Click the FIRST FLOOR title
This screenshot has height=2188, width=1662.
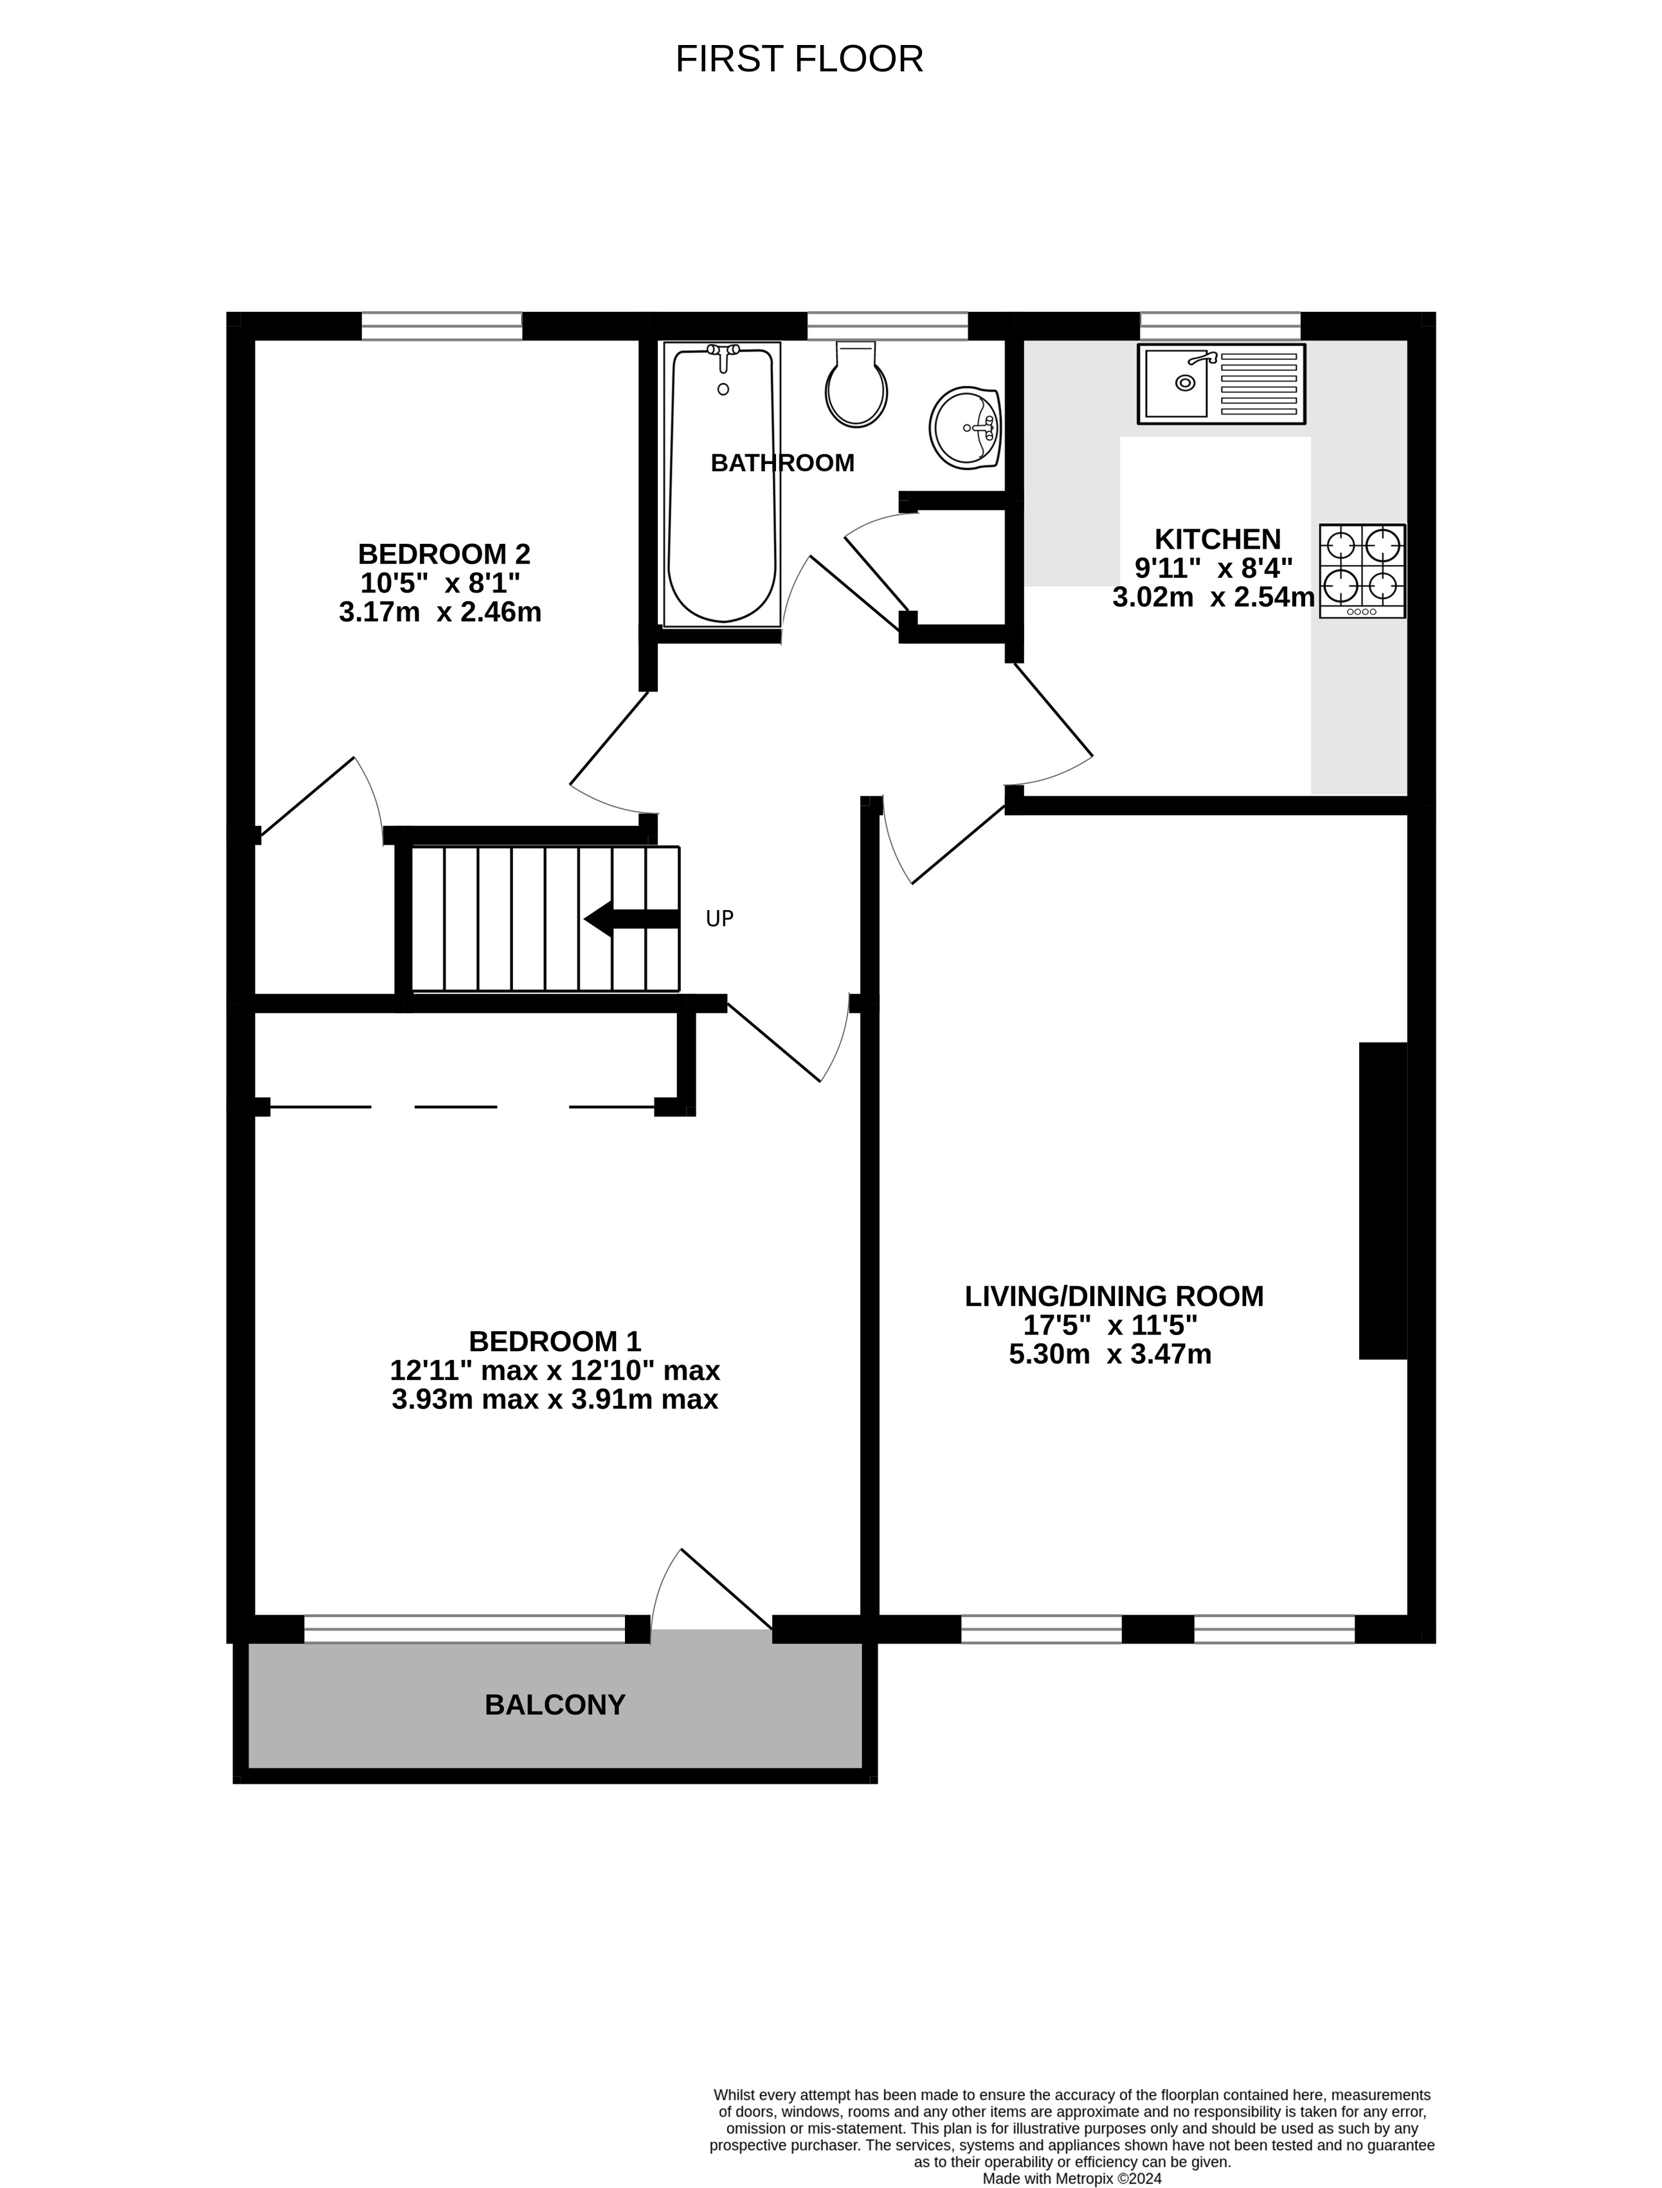click(799, 59)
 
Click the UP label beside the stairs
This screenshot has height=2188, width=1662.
click(719, 919)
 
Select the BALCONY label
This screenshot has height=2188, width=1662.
click(554, 1704)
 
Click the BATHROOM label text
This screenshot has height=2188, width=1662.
click(782, 463)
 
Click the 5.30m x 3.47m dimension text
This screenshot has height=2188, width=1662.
click(1109, 1354)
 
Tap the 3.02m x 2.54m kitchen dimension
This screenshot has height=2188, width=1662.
click(1213, 597)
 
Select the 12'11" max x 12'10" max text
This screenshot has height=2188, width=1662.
click(554, 1370)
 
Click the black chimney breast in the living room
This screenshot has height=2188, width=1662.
click(1382, 1200)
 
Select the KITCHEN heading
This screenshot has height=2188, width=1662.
click(1217, 539)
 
